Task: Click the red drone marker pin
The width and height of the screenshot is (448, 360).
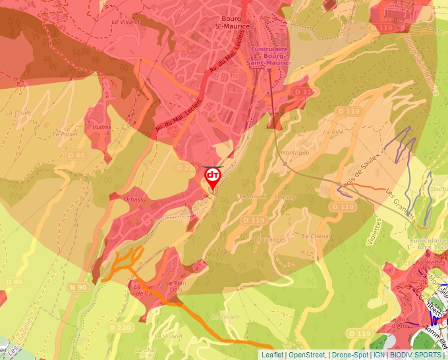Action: (x=212, y=177)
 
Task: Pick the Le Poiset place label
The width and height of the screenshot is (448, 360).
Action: (x=65, y=134)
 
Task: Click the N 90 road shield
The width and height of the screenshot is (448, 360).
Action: (x=78, y=287)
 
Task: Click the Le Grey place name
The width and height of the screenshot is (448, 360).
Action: (x=285, y=197)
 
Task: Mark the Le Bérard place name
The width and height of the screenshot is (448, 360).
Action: (x=225, y=317)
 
